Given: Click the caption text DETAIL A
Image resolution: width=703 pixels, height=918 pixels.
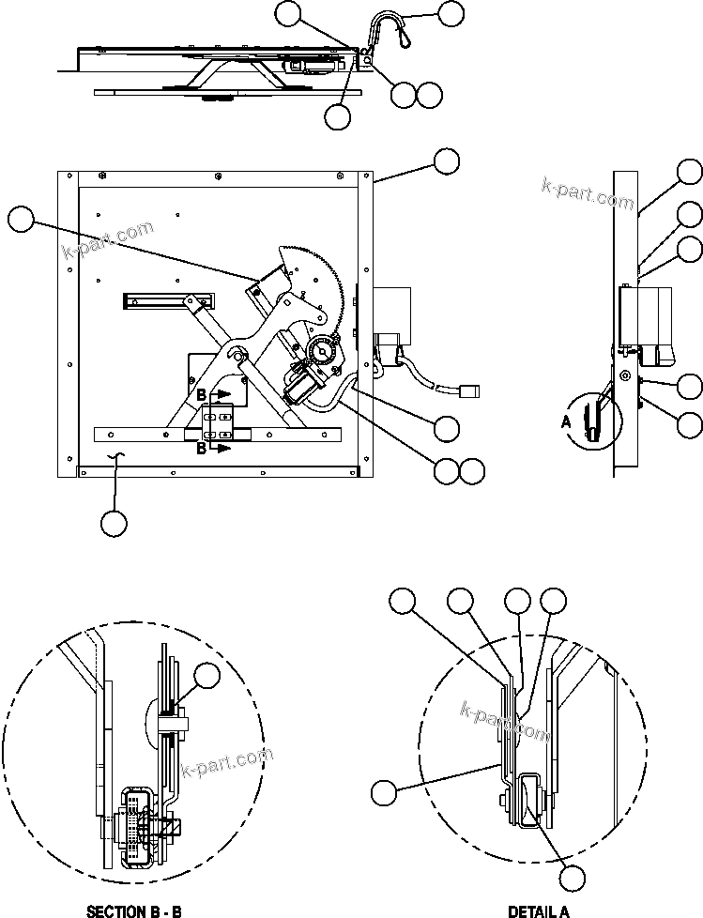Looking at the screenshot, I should click(539, 910).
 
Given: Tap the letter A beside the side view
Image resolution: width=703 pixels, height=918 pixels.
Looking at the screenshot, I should click(565, 423).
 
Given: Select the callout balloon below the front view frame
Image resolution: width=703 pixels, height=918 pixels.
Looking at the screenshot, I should click(115, 523).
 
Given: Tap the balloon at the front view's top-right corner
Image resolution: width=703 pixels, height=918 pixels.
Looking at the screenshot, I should click(447, 161).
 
